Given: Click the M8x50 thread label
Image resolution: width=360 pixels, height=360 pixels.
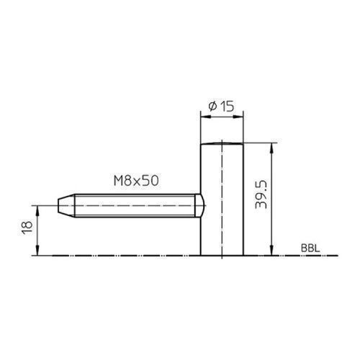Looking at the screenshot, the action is pos(136,181).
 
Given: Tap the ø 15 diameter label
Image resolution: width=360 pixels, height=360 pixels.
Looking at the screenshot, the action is pos(221,107).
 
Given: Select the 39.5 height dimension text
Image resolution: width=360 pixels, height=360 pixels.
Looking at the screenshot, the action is pos(261,194).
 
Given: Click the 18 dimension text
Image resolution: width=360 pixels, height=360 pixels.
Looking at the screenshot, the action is pos(27,228).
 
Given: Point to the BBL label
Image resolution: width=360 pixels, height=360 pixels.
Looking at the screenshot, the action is pos(310,248).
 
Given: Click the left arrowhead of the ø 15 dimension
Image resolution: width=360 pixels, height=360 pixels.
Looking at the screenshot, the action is pos(206,117).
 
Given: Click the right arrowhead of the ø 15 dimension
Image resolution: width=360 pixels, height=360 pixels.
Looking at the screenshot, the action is pos(238,117).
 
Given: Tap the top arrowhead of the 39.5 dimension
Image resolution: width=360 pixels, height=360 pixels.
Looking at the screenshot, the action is pos(271,148).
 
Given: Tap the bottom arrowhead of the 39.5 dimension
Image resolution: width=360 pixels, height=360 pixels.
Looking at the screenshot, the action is pos(271,250).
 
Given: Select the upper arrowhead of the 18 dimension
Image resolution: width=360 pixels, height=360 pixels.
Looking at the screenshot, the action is pos(37,211).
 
